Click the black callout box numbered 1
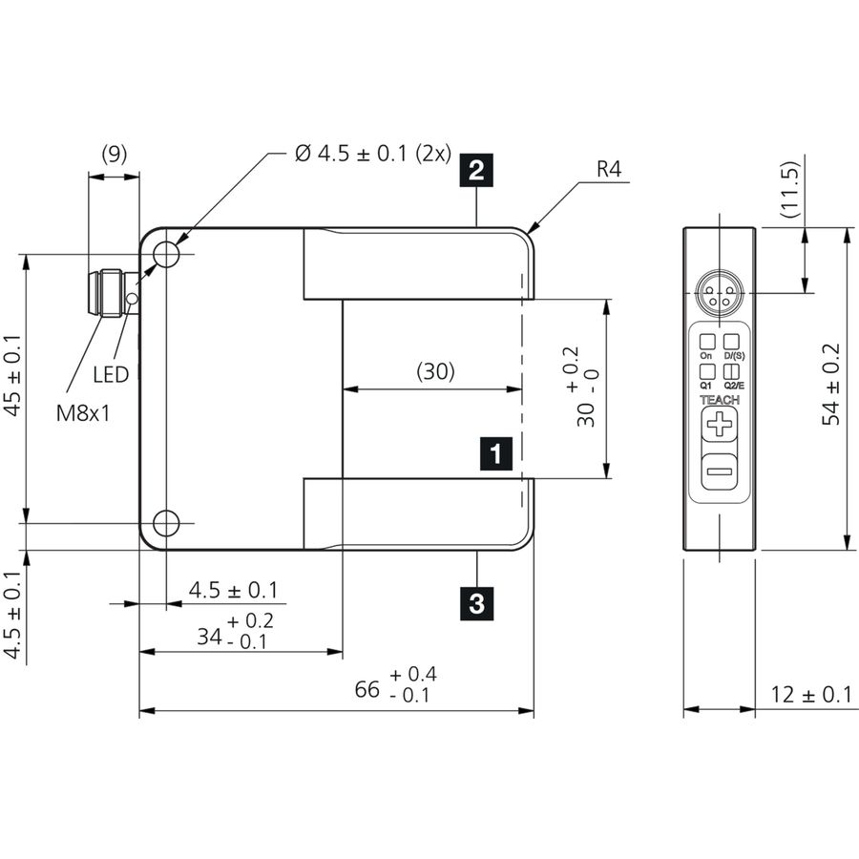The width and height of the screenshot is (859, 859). coord(495,453)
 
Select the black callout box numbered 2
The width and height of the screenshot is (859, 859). coord(476,171)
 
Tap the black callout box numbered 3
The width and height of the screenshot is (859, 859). coord(476,604)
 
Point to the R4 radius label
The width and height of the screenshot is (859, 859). coord(609,169)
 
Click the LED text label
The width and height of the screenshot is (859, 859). coord(111,375)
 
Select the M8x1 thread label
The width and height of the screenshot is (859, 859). coord(83,413)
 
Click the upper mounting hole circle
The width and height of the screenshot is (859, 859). coord(165,254)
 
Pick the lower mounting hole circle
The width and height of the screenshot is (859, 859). coord(165,523)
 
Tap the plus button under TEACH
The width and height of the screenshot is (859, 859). coord(719,424)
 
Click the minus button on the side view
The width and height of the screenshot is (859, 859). coord(719,471)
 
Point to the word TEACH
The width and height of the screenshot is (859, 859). coord(720,400)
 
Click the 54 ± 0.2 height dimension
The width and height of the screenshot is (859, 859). coord(831,385)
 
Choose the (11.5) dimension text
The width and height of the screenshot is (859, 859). coord(790,189)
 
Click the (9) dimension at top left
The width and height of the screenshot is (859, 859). coord(115,154)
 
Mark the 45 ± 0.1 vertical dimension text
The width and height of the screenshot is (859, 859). coord(12,375)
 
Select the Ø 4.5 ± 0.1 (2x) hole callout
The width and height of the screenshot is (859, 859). coord(372,154)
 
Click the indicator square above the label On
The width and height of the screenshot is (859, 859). coord(706,342)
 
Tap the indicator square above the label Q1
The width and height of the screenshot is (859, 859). coord(706,372)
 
